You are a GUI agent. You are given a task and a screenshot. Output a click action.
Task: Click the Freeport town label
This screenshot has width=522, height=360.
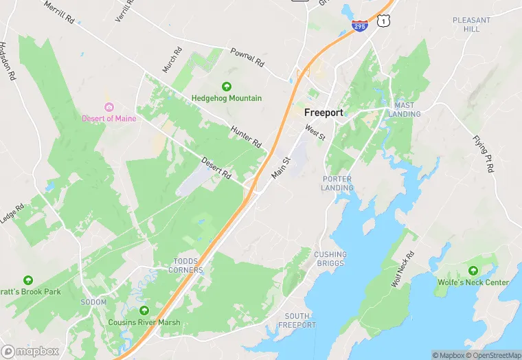(x=324, y=113)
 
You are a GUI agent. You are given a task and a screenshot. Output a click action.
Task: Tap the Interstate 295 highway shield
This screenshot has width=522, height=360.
(x=359, y=26)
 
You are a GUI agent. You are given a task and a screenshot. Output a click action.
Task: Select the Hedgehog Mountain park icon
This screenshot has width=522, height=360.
(x=227, y=86)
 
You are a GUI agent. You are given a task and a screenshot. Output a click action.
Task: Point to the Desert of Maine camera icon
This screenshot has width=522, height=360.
(x=109, y=106)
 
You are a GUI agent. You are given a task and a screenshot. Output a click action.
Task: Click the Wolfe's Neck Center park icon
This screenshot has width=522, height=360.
(x=473, y=270)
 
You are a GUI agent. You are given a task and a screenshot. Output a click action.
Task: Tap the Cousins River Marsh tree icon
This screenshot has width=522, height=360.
(x=144, y=311)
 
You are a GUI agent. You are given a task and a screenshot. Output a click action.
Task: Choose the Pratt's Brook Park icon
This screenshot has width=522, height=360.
(x=28, y=280)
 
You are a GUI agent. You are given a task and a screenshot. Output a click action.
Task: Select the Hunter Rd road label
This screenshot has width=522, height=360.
(x=247, y=137)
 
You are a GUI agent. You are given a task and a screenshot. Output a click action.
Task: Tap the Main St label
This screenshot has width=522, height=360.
(x=282, y=168)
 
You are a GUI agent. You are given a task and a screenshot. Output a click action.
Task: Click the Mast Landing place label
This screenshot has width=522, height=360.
(x=404, y=109)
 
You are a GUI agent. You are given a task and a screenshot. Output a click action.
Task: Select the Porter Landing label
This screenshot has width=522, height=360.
(x=337, y=183)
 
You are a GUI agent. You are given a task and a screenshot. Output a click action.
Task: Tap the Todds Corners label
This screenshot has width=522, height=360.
(x=188, y=266)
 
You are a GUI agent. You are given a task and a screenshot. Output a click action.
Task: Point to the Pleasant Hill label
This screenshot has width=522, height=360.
(x=471, y=25)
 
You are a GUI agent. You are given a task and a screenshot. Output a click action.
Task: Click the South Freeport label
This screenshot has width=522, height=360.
(x=300, y=320)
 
